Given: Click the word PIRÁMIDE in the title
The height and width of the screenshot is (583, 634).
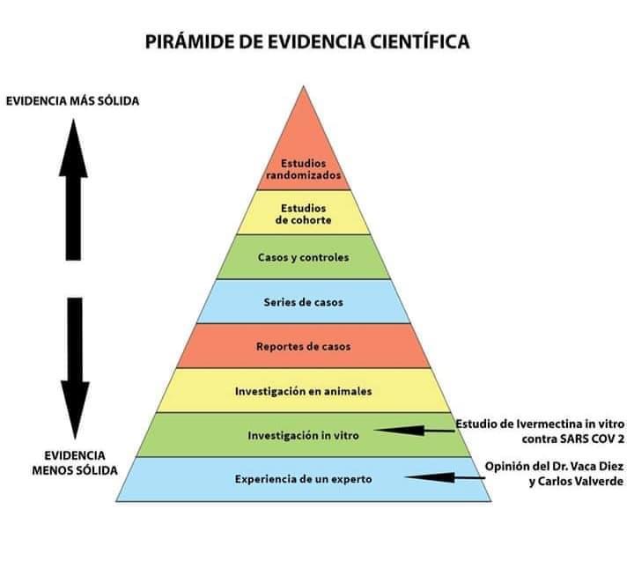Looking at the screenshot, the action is [x=189, y=41].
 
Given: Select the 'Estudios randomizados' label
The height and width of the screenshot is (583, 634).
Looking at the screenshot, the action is [x=303, y=169].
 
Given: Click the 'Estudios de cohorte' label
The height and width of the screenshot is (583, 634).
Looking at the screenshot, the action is [x=303, y=214].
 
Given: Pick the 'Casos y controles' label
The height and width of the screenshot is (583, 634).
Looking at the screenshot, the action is [x=303, y=257].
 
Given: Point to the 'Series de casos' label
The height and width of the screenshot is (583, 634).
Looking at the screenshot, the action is [x=303, y=302].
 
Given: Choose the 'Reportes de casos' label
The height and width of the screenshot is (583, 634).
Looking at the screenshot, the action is [x=303, y=346].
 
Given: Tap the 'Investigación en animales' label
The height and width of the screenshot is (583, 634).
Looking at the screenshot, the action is [x=303, y=391].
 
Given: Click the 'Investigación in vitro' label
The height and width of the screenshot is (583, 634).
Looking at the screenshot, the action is [x=303, y=435].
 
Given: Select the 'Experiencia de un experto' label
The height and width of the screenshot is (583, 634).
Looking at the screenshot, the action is [x=303, y=479].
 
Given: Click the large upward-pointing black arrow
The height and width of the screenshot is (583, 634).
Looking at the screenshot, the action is [x=73, y=189].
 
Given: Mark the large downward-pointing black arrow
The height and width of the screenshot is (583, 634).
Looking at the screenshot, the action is [x=75, y=368].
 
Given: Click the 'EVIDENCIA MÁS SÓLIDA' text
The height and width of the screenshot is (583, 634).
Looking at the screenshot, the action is [x=72, y=100].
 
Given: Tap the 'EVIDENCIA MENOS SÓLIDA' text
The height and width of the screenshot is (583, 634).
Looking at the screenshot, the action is [x=75, y=463].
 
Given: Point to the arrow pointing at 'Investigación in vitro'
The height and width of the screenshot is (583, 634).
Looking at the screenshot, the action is [x=415, y=431].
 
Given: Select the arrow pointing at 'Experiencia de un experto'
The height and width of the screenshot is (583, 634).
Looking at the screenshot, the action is [x=445, y=477].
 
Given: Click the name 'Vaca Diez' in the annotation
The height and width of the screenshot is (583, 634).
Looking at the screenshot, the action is [x=600, y=467].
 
